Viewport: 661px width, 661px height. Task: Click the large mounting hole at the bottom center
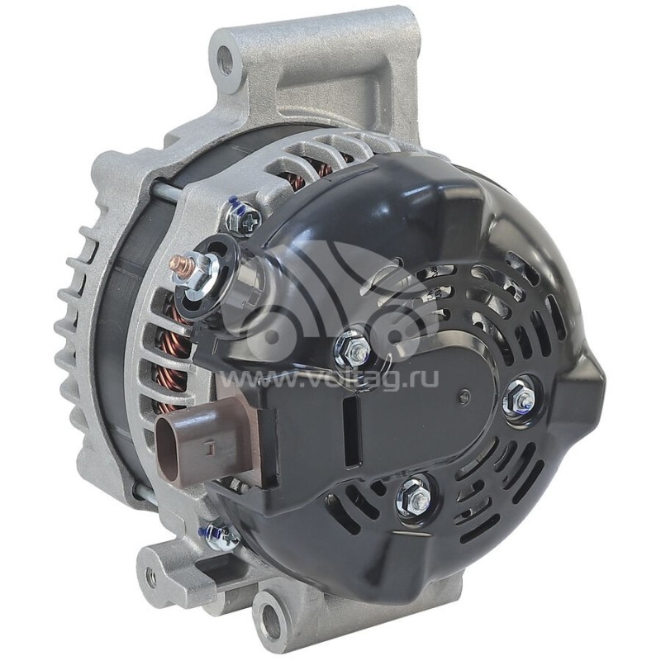point(273,616)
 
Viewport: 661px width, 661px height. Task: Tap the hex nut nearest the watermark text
point(351,348)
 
